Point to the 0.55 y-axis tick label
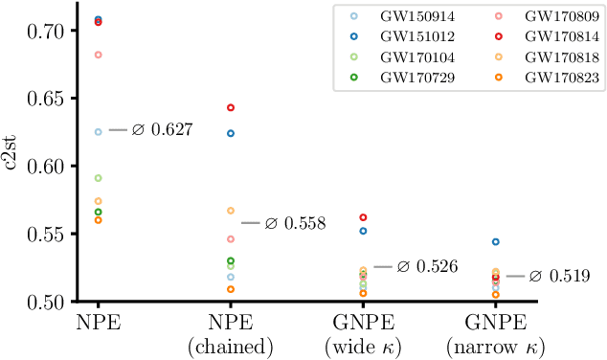click(44, 234)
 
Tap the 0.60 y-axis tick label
click(44, 166)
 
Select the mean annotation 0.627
click(162, 130)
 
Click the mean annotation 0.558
click(296, 224)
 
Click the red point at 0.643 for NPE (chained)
click(230, 107)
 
